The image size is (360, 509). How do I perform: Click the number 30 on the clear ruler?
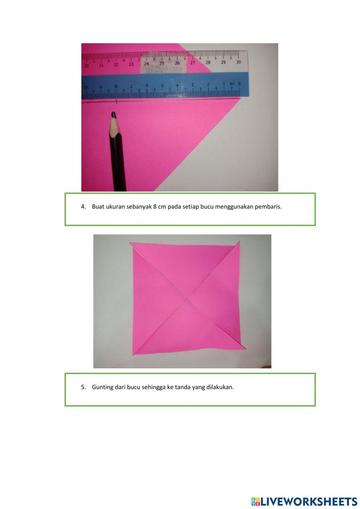[238, 62]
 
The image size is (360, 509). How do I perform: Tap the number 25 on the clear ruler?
[162, 63]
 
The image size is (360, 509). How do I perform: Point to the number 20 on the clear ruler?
[86, 66]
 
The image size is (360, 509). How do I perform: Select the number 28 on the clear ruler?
[208, 62]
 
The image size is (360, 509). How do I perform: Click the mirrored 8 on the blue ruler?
[116, 86]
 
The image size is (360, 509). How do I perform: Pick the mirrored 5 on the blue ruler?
[162, 86]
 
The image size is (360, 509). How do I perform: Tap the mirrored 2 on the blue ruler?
[208, 84]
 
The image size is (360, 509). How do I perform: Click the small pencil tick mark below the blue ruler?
[116, 102]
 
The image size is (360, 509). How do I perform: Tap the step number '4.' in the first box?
[84, 207]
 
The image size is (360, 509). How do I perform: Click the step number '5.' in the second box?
[84, 387]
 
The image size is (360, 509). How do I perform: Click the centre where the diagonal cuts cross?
[187, 298]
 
